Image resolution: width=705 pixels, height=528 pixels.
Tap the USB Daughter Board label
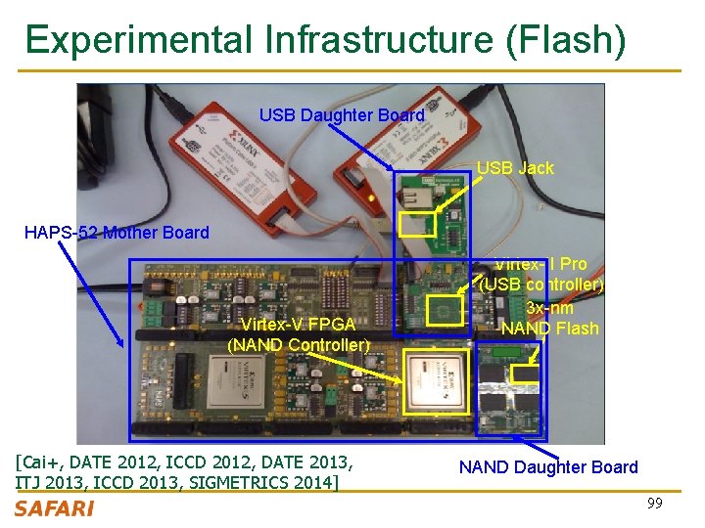(342, 115)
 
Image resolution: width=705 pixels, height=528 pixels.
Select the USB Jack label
(515, 168)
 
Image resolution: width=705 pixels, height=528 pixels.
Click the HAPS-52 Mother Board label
(117, 233)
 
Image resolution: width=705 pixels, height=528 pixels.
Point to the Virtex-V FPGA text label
(298, 325)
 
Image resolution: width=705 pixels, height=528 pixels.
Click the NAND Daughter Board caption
(548, 467)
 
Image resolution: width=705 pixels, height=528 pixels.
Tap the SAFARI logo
(55, 508)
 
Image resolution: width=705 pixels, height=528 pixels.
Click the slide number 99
(654, 504)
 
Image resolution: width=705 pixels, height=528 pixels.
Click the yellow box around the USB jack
(417, 225)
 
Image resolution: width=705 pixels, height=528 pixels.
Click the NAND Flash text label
(549, 329)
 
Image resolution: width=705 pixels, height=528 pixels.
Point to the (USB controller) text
(541, 286)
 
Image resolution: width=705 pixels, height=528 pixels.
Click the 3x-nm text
(549, 307)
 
